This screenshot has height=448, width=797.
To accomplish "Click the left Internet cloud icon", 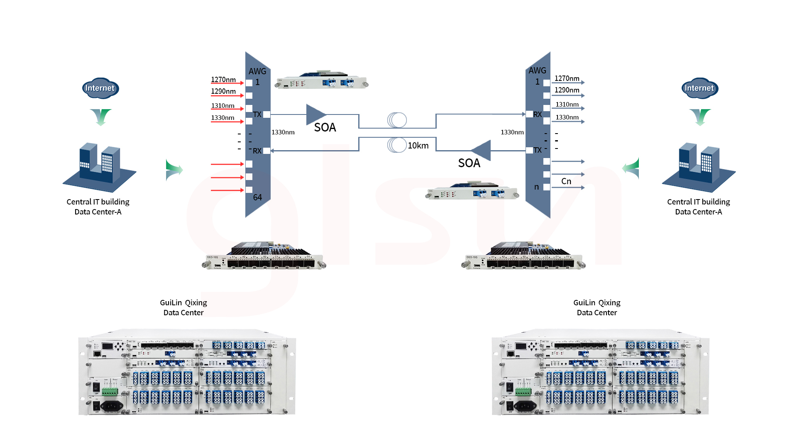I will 100,88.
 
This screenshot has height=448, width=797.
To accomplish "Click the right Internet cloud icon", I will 700,88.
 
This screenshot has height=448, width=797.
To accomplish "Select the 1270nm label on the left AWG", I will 223,80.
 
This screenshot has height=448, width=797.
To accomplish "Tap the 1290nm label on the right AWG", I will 567,90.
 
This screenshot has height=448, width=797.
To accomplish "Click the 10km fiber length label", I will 418,146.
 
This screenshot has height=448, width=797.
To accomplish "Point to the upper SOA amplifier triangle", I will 315,114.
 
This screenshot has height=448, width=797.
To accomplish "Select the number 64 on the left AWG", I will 257,197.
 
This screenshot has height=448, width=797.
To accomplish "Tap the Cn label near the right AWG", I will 566,181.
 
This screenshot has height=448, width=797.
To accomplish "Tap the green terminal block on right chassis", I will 523,391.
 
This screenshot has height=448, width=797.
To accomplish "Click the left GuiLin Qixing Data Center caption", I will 183,307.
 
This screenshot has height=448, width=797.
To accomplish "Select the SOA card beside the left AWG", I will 322,80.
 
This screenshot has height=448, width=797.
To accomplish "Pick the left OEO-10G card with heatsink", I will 266,256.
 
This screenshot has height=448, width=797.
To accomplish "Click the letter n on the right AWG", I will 536,187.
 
